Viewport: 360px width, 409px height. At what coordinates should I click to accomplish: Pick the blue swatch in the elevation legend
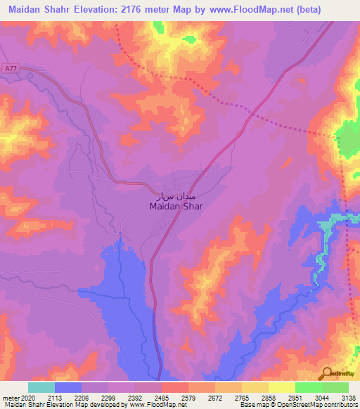[x=68, y=387]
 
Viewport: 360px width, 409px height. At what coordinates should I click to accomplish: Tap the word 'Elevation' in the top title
[x=92, y=9]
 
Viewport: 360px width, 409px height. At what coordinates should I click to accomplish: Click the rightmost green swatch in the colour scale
[x=335, y=387]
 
